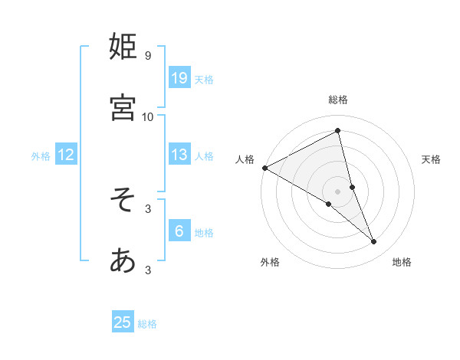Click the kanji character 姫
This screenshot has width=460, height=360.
(123, 47)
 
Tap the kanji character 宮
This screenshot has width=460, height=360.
(123, 108)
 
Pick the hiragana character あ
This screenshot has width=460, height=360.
(123, 261)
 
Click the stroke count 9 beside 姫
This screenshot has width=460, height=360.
(148, 55)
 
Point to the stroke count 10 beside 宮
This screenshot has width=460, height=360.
(148, 116)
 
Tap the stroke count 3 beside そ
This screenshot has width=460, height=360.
(148, 208)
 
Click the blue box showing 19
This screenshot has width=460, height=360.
(179, 78)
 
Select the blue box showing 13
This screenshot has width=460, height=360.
(179, 155)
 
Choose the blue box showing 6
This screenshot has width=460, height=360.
(179, 231)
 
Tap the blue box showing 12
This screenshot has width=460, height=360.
(66, 155)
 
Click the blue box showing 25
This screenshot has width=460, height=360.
(123, 322)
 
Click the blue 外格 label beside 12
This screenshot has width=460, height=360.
(41, 156)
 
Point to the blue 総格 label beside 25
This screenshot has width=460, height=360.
(147, 324)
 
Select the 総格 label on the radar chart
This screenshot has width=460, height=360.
(338, 100)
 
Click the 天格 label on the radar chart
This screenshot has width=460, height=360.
(432, 159)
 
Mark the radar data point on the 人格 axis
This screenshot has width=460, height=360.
(264, 168)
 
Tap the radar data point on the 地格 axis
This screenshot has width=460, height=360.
(374, 241)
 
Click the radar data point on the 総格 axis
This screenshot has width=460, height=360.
(338, 130)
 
